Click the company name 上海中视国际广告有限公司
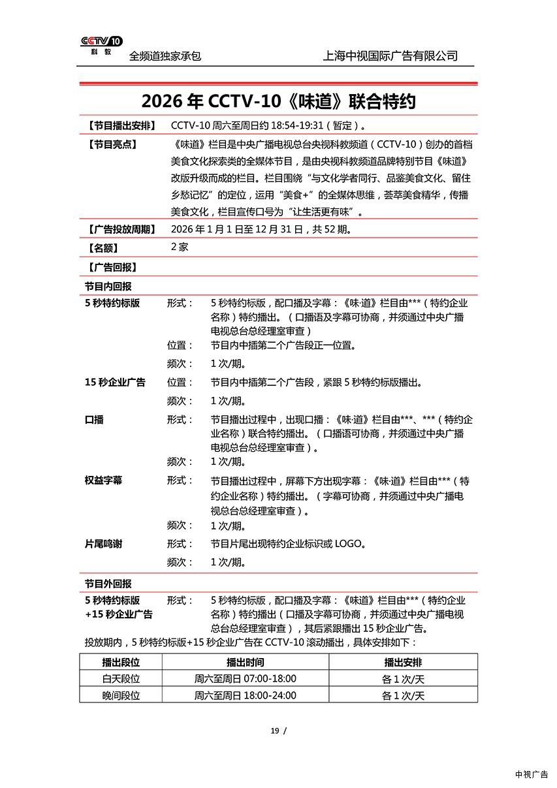click(390, 56)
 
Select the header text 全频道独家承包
click(165, 56)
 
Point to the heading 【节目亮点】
click(112, 144)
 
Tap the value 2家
click(180, 247)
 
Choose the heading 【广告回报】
click(112, 267)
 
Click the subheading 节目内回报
click(108, 286)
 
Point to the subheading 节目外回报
click(108, 584)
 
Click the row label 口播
click(94, 420)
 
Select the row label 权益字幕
click(103, 481)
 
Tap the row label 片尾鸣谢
click(103, 544)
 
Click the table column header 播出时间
click(245, 662)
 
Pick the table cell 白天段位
click(121, 679)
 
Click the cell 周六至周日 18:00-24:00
click(245, 696)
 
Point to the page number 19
click(274, 731)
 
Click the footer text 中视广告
click(532, 775)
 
